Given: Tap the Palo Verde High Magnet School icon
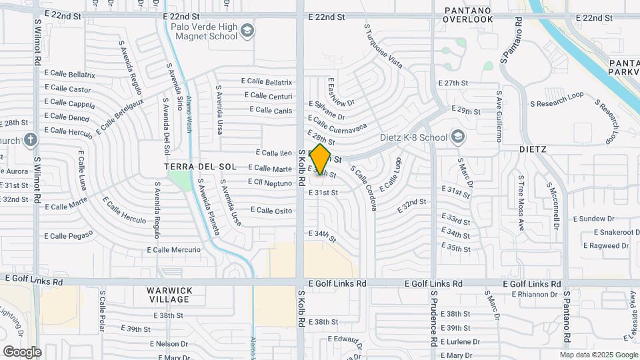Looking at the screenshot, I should point(248,30).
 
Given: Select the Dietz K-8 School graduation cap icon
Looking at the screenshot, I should point(457,137).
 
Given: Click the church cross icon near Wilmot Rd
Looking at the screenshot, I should point(30,140).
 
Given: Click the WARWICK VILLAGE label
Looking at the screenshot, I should point(170,295).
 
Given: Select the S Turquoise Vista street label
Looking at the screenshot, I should point(383,47).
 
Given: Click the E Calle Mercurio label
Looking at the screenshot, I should point(173,250).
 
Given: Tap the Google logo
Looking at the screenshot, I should point(22,351).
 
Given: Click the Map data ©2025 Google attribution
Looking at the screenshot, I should point(597,354).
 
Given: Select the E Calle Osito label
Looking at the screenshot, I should point(271,210).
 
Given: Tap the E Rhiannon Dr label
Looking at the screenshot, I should point(535,294).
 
